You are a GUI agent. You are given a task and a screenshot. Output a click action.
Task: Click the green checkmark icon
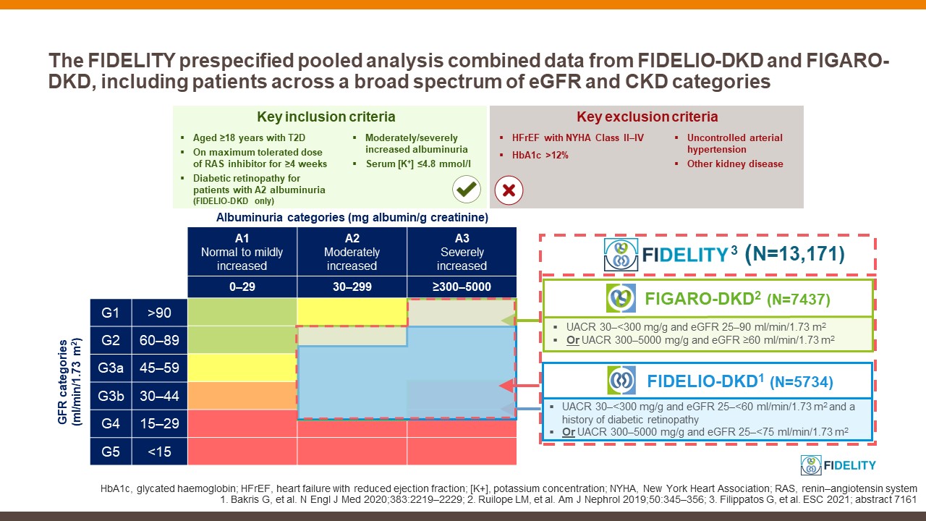click(x=467, y=190)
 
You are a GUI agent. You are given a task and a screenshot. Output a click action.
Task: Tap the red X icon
click(x=508, y=190)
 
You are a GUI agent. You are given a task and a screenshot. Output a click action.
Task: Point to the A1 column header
click(x=242, y=252)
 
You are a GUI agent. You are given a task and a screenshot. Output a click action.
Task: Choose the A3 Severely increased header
click(x=462, y=252)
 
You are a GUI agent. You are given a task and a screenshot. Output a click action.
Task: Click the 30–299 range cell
click(x=352, y=287)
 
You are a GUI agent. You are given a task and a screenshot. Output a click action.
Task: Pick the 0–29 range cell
click(x=242, y=287)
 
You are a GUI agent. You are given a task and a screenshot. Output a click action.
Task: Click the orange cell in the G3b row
click(x=242, y=396)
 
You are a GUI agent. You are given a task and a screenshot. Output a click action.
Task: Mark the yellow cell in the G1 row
click(x=352, y=313)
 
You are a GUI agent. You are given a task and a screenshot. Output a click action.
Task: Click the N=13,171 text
click(x=797, y=254)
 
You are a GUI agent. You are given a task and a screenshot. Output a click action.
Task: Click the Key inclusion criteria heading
click(x=326, y=117)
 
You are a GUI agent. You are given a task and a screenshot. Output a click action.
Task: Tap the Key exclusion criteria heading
click(x=647, y=117)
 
